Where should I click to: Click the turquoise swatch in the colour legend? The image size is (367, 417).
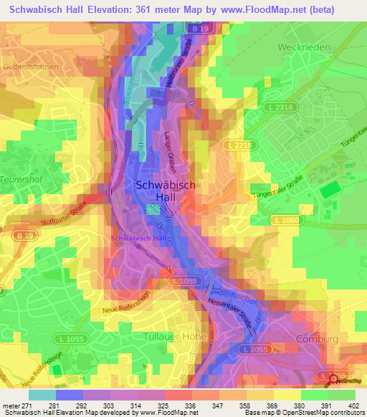[x=42, y=394]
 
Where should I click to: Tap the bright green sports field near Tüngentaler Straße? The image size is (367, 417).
[x=329, y=191]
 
